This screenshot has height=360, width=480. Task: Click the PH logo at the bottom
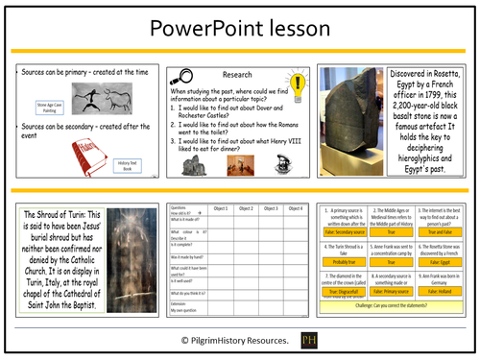pyautogui.click(x=308, y=341)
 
